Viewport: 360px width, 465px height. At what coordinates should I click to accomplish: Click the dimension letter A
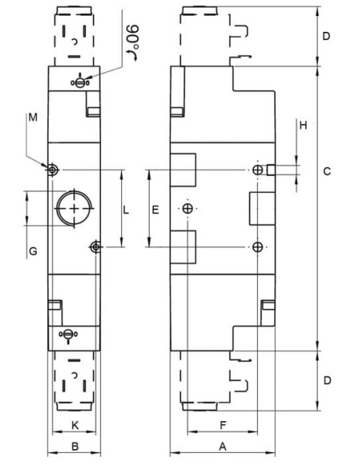click(222, 446)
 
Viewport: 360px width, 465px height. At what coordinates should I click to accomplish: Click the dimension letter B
click(75, 446)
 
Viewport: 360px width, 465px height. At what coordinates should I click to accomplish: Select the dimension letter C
click(327, 171)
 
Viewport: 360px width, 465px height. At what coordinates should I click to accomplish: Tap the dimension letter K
click(76, 425)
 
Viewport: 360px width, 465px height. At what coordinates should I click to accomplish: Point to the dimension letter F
click(223, 425)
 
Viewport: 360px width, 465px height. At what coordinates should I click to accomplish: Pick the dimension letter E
click(155, 210)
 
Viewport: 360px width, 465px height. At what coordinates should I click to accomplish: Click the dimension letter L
click(126, 210)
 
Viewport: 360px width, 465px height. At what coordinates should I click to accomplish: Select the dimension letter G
click(33, 252)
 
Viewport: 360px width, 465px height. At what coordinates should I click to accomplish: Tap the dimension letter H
click(303, 126)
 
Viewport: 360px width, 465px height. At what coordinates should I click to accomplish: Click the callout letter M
click(33, 117)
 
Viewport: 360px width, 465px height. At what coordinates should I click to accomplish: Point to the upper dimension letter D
click(327, 36)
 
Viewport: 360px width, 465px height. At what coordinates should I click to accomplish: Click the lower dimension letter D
click(327, 380)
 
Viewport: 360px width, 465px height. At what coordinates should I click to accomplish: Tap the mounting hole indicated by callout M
click(53, 170)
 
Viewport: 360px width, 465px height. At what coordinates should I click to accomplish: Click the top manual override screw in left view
click(80, 83)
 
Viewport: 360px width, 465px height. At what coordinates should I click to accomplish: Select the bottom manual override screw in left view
click(68, 334)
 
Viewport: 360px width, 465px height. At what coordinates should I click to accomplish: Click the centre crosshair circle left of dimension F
click(187, 209)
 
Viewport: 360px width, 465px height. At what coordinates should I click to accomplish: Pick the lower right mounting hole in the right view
click(258, 247)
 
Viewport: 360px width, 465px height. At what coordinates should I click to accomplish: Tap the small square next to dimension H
click(271, 170)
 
